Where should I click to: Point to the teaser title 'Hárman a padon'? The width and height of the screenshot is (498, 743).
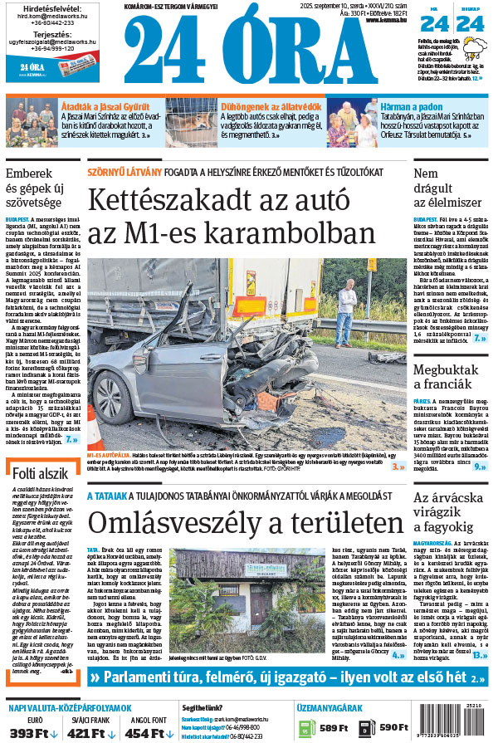[412, 106]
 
